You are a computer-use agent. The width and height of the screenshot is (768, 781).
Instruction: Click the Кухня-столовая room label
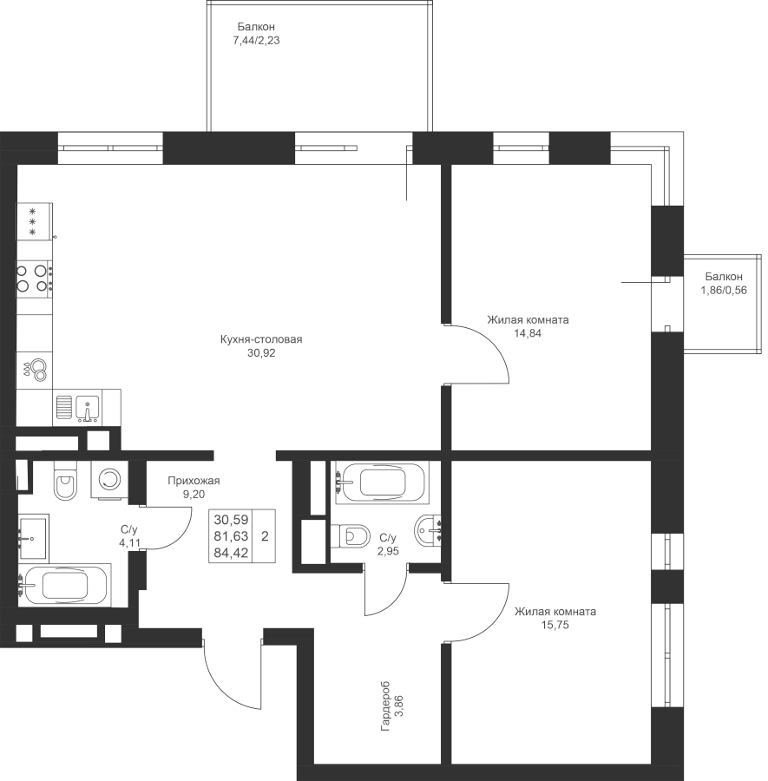pyautogui.click(x=261, y=339)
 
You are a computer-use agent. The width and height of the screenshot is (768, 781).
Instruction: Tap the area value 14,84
pyautogui.click(x=528, y=333)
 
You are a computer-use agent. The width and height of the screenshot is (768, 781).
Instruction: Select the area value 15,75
pyautogui.click(x=555, y=625)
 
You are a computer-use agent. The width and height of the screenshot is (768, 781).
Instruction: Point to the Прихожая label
pyautogui.click(x=194, y=481)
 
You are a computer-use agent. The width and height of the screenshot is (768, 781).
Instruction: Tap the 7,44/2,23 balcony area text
pyautogui.click(x=256, y=40)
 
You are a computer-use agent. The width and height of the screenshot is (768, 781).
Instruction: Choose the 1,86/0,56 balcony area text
pyautogui.click(x=724, y=291)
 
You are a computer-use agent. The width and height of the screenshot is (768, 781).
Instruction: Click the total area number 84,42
pyautogui.click(x=231, y=553)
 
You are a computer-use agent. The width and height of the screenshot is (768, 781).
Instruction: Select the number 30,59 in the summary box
pyautogui.click(x=231, y=520)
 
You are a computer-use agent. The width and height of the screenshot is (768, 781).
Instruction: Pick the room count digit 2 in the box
pyautogui.click(x=265, y=536)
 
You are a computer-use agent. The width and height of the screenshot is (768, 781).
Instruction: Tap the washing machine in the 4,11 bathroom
pyautogui.click(x=109, y=479)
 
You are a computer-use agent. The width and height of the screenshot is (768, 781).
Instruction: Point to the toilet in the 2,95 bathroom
pyautogui.click(x=351, y=536)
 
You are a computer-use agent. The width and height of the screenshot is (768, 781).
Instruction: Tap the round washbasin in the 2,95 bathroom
pyautogui.click(x=427, y=530)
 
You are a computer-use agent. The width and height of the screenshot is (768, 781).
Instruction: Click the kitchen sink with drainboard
pyautogui.click(x=77, y=407)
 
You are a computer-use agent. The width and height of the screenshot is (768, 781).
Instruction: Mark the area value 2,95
pyautogui.click(x=388, y=551)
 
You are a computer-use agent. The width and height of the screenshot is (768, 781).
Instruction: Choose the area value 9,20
pyautogui.click(x=194, y=495)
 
